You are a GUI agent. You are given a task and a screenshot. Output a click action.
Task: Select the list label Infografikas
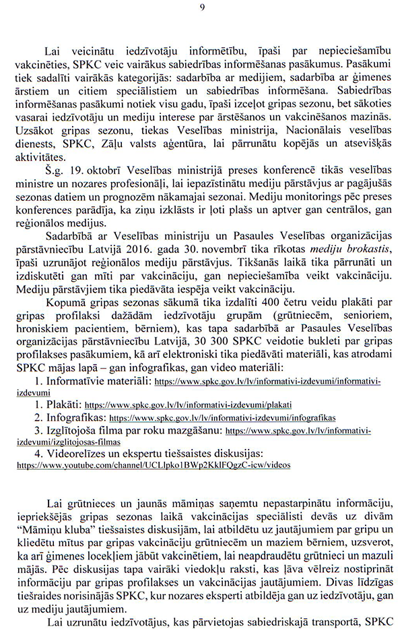point(77,417)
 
